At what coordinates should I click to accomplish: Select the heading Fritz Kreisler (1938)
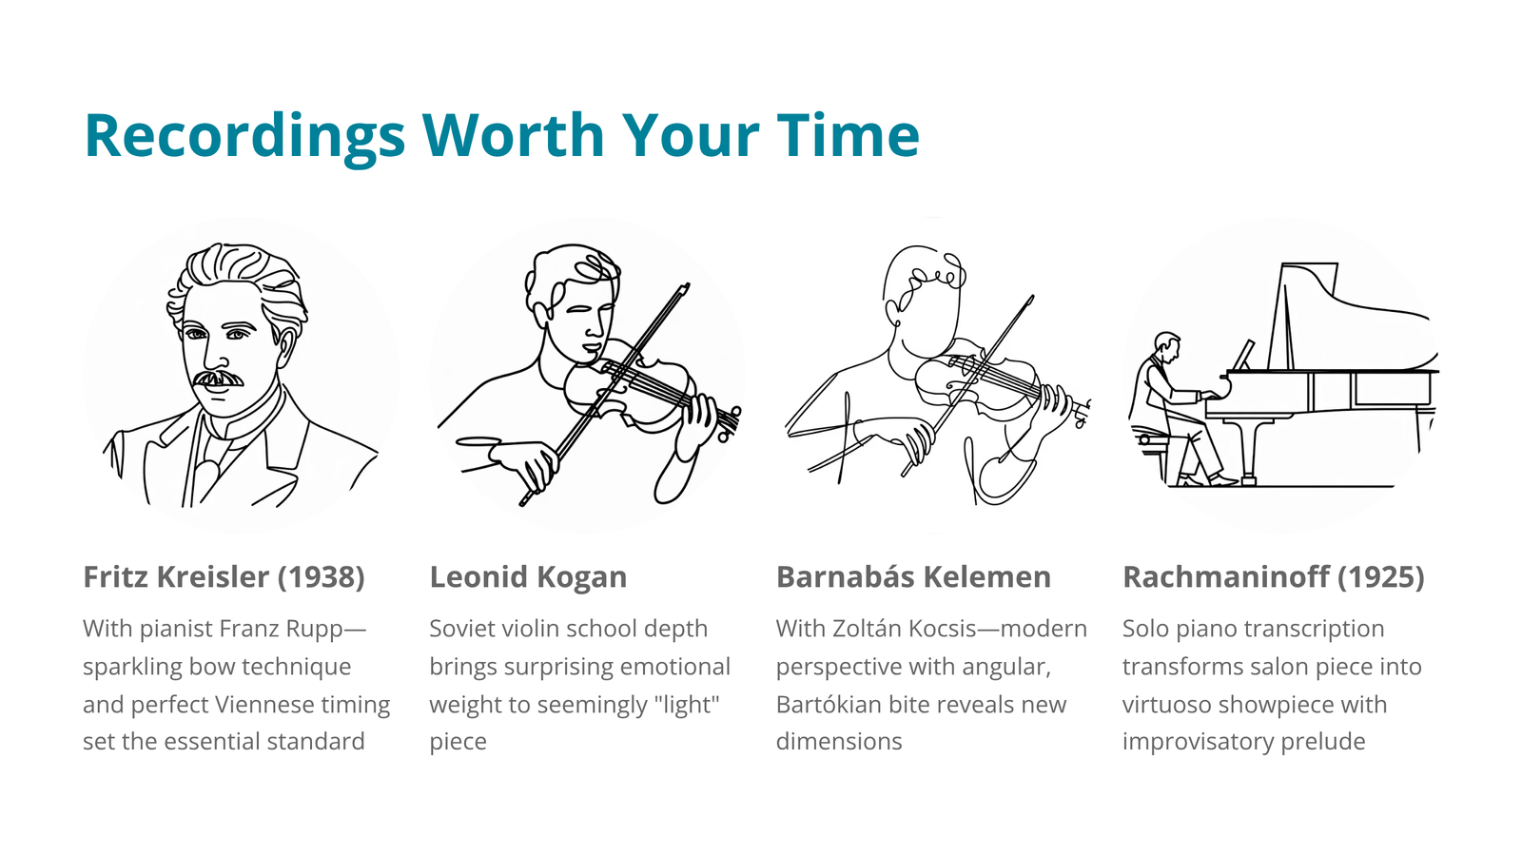[x=224, y=576]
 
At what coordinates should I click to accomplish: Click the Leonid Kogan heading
[x=528, y=576]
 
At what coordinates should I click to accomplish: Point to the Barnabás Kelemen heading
[x=913, y=576]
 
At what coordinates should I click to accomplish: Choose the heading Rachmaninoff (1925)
[x=1274, y=576]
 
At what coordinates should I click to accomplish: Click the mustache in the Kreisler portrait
[x=218, y=379]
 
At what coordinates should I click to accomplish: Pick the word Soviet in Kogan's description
[x=463, y=629]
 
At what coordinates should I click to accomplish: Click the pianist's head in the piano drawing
[x=1167, y=345]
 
